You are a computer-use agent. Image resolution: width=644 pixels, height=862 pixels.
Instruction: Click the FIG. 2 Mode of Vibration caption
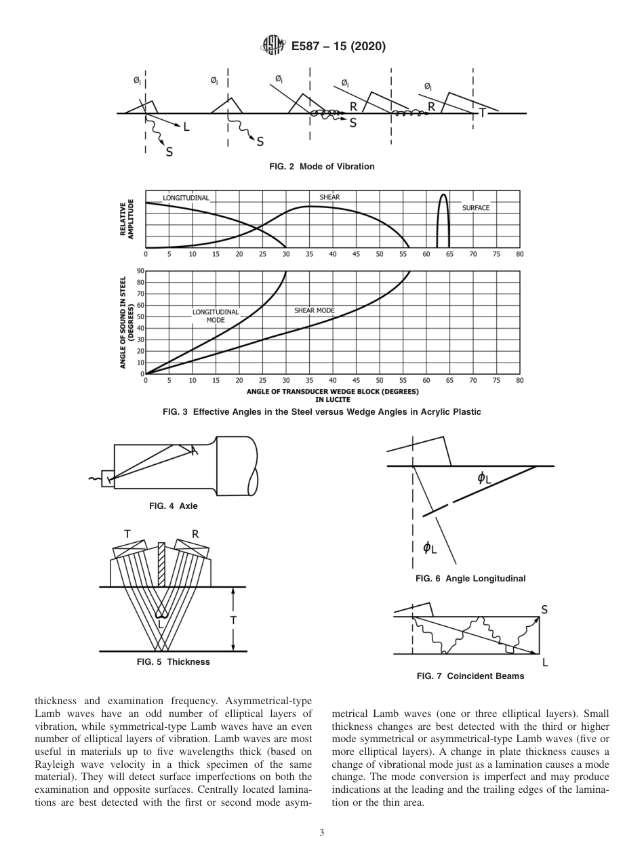[x=321, y=166]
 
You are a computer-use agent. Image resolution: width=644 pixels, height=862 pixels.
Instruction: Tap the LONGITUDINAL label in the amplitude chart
[x=186, y=198]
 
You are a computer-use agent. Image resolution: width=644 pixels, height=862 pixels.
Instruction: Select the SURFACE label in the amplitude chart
[x=476, y=208]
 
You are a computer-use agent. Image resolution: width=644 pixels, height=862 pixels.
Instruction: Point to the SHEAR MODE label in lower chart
[x=315, y=310]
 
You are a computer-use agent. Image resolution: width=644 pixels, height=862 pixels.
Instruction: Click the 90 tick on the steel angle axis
[x=141, y=271]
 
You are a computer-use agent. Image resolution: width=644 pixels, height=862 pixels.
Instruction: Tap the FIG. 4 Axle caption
[x=173, y=506]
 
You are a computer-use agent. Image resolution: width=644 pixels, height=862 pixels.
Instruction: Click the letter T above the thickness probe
[x=127, y=534]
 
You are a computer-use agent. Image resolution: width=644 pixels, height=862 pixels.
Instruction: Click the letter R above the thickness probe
[x=195, y=534]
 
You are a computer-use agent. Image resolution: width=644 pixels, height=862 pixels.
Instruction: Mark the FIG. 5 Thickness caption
[x=173, y=661]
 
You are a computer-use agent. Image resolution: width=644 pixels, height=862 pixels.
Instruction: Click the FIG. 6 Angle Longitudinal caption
[x=470, y=578]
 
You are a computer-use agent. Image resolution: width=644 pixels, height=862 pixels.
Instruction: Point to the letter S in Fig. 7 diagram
[x=544, y=610]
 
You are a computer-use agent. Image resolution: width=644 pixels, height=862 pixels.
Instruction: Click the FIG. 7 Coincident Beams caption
[x=470, y=676]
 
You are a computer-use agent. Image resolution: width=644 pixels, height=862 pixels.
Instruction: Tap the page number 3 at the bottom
[x=322, y=832]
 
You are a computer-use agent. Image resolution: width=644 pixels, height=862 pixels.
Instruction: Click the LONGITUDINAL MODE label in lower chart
[x=216, y=316]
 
